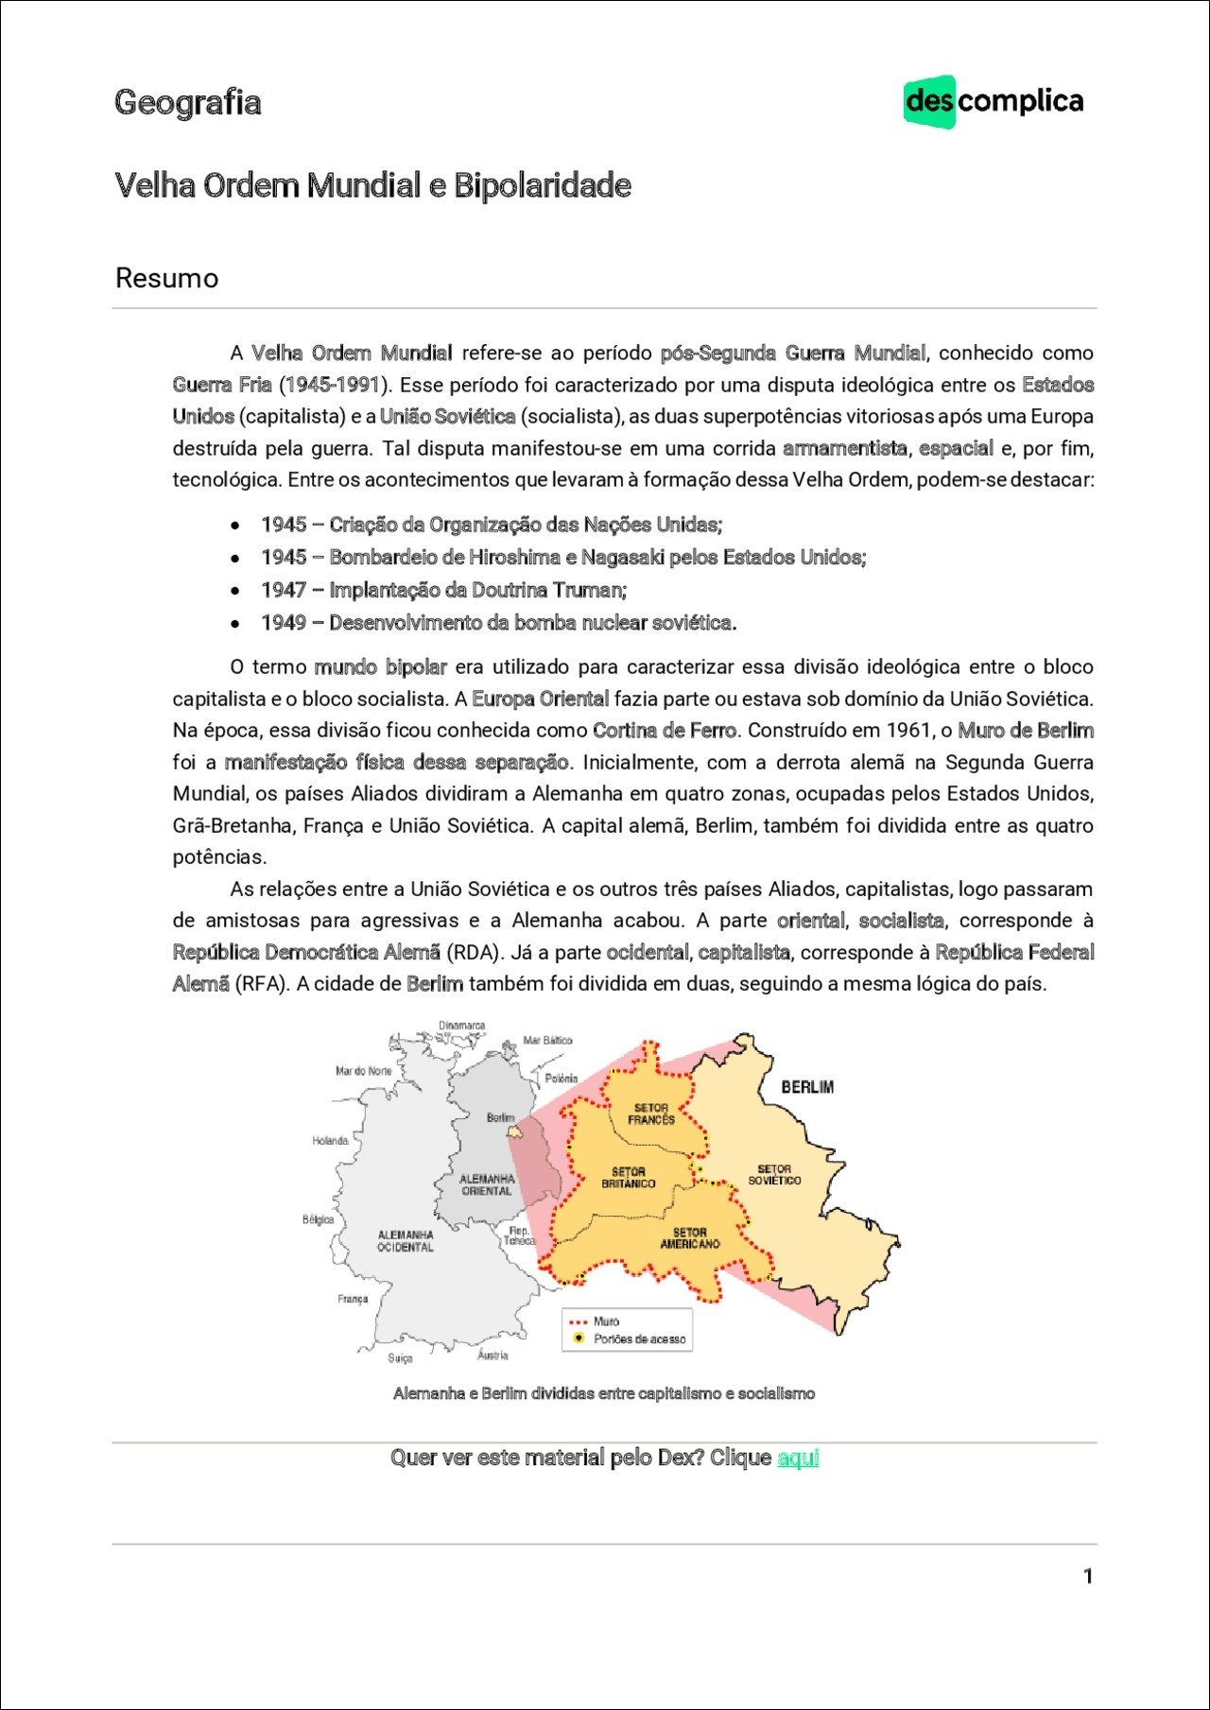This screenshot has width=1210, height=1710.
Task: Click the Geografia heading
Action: click(x=187, y=102)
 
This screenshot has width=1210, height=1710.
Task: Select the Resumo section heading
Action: click(x=166, y=278)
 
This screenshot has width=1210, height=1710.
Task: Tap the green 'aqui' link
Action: click(x=797, y=1458)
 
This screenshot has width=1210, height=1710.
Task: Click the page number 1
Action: click(x=1088, y=1576)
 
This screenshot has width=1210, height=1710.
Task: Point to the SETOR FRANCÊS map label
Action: click(x=651, y=1114)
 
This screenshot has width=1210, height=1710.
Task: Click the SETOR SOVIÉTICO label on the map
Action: click(x=774, y=1175)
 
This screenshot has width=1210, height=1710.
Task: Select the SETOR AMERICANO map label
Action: click(x=690, y=1238)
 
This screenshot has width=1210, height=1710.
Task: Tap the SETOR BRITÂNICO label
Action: click(x=628, y=1178)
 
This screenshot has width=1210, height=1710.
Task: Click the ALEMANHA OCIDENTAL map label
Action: click(x=406, y=1241)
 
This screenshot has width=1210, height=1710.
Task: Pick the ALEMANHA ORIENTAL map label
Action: click(x=487, y=1184)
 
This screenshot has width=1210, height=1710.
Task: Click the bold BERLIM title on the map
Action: click(x=807, y=1087)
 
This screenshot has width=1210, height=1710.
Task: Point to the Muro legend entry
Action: click(x=606, y=1321)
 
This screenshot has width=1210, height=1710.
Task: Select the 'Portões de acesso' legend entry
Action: click(x=639, y=1339)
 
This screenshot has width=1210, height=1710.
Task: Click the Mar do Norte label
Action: click(x=364, y=1071)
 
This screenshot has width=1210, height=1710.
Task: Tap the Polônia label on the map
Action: click(x=562, y=1079)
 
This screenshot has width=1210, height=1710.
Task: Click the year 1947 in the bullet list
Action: click(x=284, y=590)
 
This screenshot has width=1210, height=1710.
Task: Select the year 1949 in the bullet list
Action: click(x=284, y=623)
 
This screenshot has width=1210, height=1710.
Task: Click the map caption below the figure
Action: click(x=604, y=1393)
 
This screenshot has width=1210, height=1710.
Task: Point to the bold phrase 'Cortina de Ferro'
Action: click(x=665, y=731)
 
